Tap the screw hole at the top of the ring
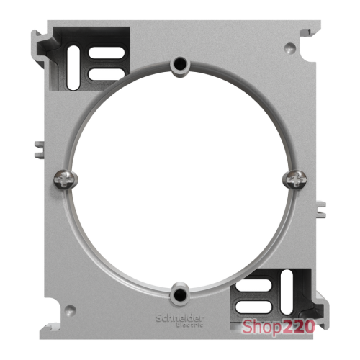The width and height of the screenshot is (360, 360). pyautogui.click(x=180, y=63)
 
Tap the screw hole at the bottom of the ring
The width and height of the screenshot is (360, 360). pyautogui.click(x=179, y=294)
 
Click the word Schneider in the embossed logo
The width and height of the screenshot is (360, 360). pyautogui.click(x=180, y=318)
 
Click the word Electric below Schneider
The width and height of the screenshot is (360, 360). pyautogui.click(x=190, y=325)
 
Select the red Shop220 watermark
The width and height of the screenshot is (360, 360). pyautogui.click(x=278, y=327)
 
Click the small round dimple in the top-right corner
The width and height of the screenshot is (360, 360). pyautogui.click(x=290, y=48)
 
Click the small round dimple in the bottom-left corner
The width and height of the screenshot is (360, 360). pyautogui.click(x=70, y=310)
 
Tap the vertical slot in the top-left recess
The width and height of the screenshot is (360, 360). pyautogui.click(x=73, y=68)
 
